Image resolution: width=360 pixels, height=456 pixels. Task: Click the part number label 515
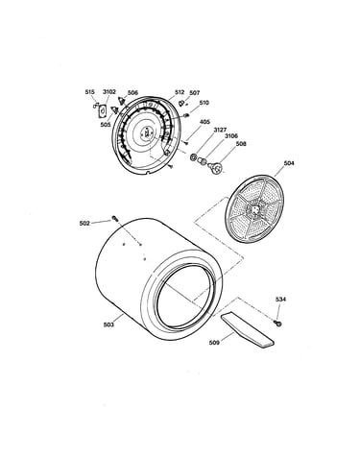(89, 92)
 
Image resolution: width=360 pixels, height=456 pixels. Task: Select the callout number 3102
(109, 92)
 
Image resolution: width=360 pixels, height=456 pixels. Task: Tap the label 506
(132, 93)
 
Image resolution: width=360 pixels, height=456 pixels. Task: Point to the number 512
(180, 92)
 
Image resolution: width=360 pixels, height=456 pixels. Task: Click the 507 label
(195, 93)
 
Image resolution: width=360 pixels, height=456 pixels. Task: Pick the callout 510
(204, 103)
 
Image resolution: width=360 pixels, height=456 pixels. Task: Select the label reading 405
(205, 122)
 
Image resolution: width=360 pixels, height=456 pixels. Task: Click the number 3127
(220, 130)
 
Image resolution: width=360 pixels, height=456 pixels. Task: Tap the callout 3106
(231, 136)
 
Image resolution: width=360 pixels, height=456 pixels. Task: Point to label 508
(241, 144)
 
